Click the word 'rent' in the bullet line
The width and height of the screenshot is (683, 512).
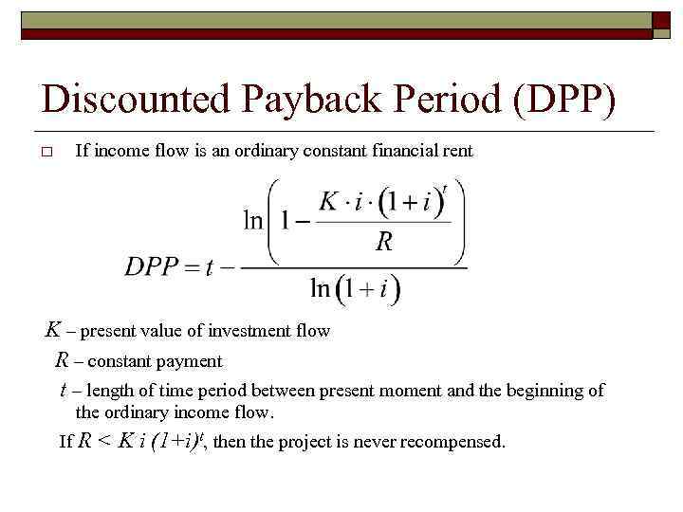[457, 151]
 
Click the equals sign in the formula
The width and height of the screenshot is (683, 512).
[204, 266]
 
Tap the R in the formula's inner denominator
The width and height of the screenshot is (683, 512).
[384, 243]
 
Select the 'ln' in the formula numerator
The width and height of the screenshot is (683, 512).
[253, 221]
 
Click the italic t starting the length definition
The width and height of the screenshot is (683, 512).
[63, 391]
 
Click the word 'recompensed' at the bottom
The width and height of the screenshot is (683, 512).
[452, 442]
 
